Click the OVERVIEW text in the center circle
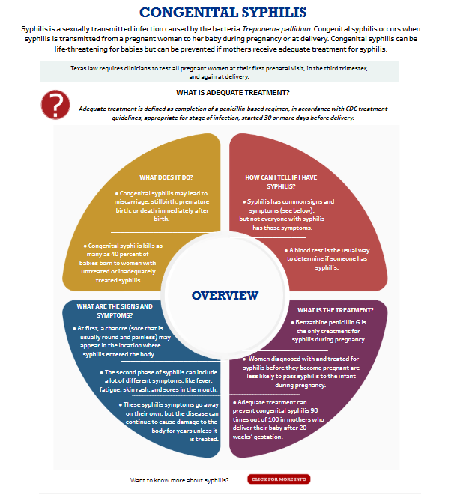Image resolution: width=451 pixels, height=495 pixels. pos(225,295)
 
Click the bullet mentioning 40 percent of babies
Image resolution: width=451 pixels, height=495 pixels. pos(121,262)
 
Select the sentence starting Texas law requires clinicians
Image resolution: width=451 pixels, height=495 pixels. pos(225,72)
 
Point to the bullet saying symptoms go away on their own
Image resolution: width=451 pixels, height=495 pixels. pos(169,422)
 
